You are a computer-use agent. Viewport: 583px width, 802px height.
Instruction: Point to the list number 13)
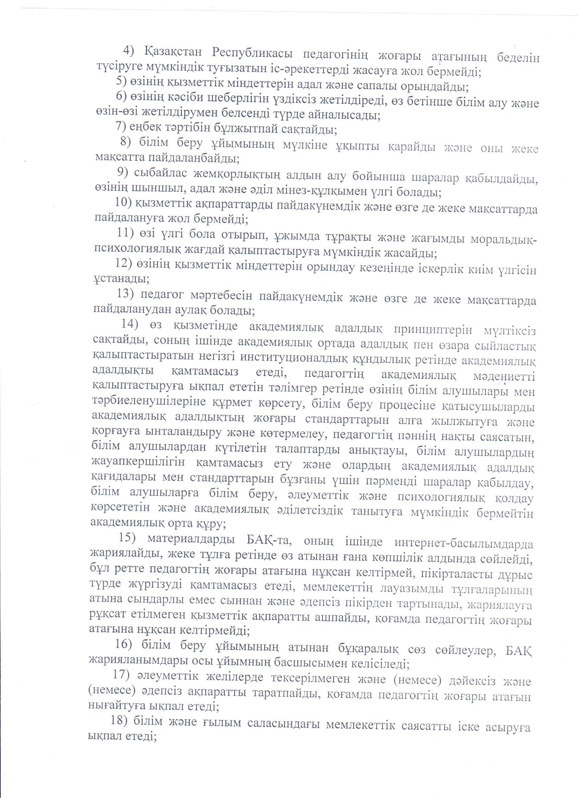click(126, 294)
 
